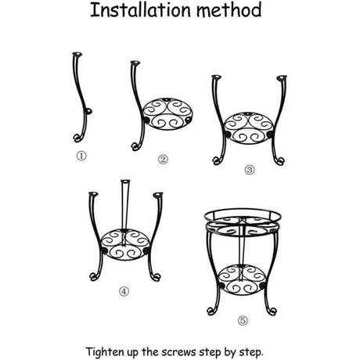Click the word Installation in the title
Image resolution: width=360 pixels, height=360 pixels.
point(140,10)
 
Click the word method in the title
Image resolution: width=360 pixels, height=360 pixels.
point(229,10)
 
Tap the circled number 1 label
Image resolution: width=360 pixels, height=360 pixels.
point(81,156)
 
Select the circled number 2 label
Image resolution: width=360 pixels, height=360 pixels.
point(163,160)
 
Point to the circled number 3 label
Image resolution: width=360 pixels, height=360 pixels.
point(250,170)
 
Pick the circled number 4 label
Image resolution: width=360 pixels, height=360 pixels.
point(124,291)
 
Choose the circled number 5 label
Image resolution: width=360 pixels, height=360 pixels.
point(243,320)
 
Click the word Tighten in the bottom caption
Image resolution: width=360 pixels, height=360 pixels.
point(105,352)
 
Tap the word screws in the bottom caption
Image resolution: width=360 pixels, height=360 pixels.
point(178,352)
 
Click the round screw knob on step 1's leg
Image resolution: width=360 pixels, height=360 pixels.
point(89,111)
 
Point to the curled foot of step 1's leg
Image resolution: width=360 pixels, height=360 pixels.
point(77,138)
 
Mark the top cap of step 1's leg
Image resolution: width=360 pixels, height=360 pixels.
point(77,55)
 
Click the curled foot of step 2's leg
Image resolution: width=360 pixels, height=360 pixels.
point(135,146)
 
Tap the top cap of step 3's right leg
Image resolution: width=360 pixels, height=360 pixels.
point(282,77)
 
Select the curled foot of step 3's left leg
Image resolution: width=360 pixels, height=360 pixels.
point(217,160)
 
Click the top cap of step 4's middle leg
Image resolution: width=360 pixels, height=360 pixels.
point(125,182)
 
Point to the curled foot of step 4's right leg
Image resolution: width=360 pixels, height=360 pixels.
point(156,277)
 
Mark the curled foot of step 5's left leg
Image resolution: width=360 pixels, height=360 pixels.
point(211,311)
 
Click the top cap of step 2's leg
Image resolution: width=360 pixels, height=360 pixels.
point(135,63)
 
